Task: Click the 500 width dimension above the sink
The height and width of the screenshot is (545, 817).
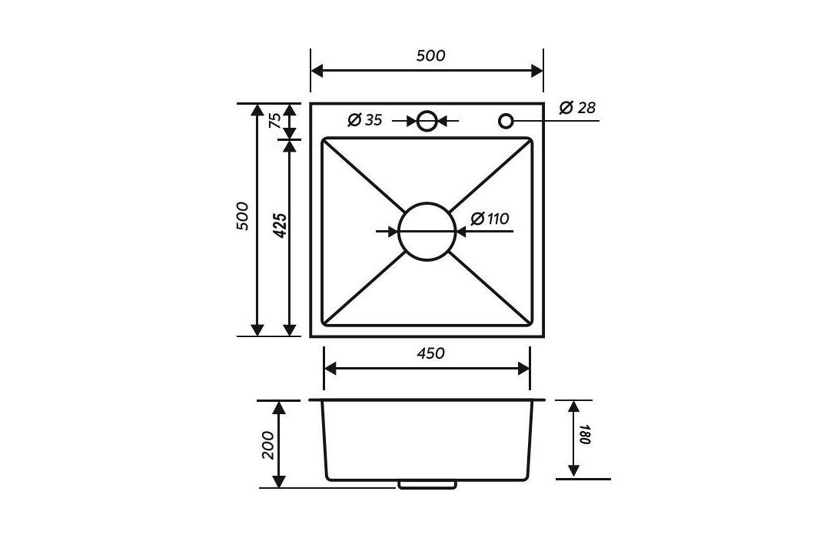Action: coord(431,56)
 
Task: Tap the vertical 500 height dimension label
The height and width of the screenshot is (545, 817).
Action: coord(242,216)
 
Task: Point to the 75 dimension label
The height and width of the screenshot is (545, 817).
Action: coord(276,120)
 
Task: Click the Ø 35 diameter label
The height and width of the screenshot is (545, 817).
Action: coord(365,120)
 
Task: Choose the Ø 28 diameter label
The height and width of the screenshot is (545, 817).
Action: coord(577,108)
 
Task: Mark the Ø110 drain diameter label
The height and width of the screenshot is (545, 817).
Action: coord(490,219)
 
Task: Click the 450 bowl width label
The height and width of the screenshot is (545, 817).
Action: coord(431,353)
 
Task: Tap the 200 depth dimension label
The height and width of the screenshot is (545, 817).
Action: coord(268,445)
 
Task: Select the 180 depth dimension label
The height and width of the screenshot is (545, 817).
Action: coord(584,434)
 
